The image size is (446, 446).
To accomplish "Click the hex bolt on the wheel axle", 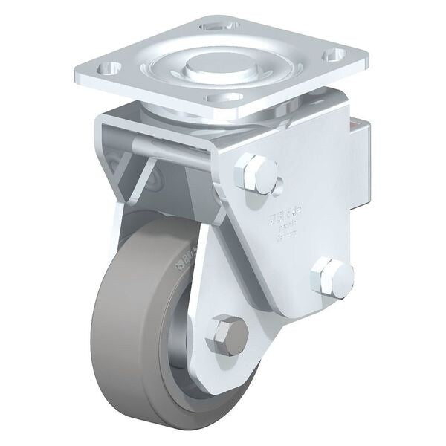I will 227,335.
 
